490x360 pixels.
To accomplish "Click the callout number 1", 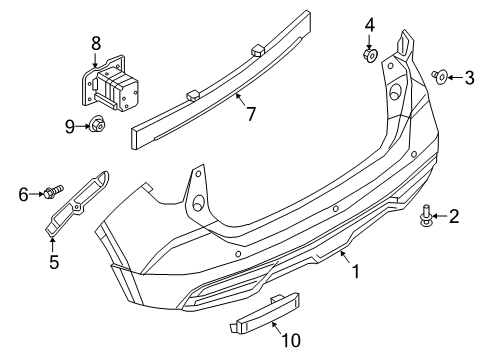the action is click(x=356, y=271).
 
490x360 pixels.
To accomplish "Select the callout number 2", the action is click(x=454, y=216).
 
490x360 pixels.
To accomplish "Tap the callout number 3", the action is click(x=469, y=78).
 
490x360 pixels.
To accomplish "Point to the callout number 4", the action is click(x=369, y=25).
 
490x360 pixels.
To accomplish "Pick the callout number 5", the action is click(x=54, y=261).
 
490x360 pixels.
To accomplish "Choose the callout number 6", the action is click(x=23, y=194).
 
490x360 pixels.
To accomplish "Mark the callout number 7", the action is click(x=251, y=114).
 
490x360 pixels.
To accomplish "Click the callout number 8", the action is click(x=96, y=43).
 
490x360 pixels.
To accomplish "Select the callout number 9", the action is click(x=70, y=127).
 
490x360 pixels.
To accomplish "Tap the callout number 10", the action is click(x=291, y=340).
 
